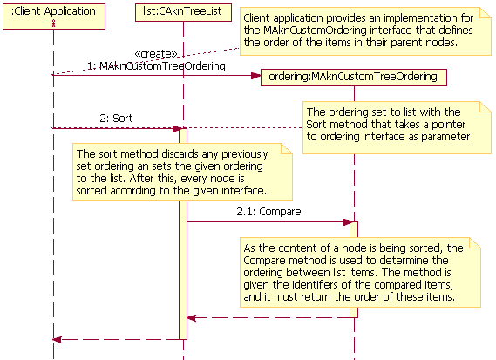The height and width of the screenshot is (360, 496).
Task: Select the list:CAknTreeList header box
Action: tap(183, 12)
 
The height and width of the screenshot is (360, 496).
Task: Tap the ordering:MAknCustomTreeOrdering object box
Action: tap(354, 77)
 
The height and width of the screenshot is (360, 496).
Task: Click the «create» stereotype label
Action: tap(156, 53)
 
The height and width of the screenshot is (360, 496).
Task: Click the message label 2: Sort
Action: tap(116, 117)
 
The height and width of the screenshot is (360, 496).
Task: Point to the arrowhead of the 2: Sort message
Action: tap(175, 129)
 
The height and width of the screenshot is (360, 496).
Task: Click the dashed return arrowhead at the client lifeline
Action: tap(58, 339)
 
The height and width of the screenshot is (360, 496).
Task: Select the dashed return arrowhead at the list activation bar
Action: tap(193, 318)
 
